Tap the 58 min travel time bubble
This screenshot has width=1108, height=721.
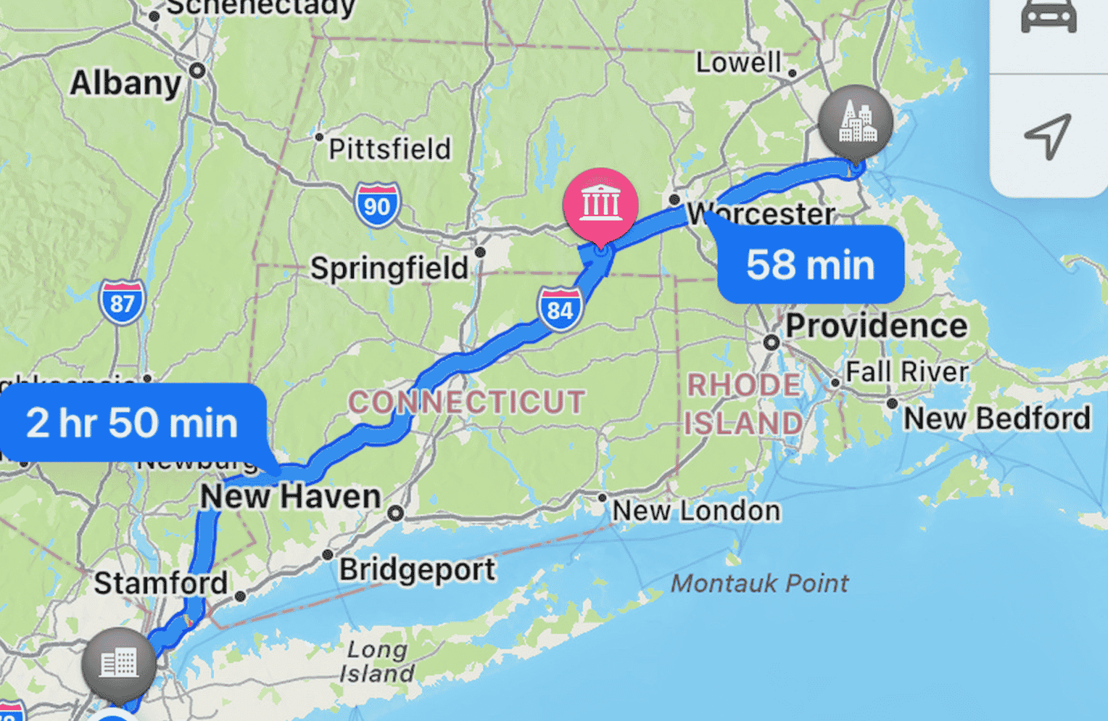[811, 265]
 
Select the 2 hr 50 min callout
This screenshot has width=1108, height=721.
[133, 423]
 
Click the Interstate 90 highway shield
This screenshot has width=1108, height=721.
[377, 205]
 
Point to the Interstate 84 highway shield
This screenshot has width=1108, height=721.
[560, 309]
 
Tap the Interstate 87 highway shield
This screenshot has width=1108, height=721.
[122, 302]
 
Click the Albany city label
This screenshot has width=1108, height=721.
[125, 83]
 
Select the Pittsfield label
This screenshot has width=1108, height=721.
[389, 149]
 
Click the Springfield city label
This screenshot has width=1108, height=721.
[389, 268]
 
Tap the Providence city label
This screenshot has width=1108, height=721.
[876, 326]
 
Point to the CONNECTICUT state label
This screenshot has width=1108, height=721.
[466, 403]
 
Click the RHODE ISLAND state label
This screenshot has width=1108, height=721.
[744, 404]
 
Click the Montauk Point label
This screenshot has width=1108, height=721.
[759, 583]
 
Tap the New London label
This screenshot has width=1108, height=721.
[696, 511]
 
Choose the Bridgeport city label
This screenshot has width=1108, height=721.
[417, 569]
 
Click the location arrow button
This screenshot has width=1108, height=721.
[1048, 136]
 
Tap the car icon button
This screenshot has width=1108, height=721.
[1049, 17]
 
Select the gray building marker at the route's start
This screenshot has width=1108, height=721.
[118, 663]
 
